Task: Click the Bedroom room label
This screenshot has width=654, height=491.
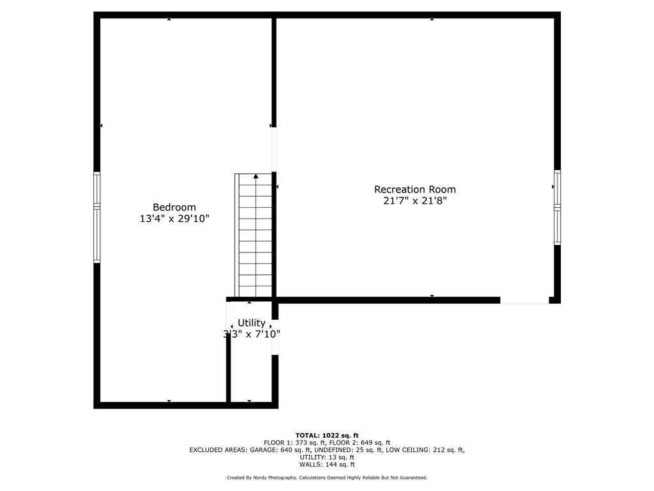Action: tap(174, 207)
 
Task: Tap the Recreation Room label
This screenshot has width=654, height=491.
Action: tap(415, 189)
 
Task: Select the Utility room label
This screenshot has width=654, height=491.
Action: tap(252, 323)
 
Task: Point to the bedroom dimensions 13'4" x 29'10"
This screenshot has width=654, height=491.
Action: tap(174, 219)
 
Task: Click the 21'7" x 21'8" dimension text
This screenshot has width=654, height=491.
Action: tap(415, 201)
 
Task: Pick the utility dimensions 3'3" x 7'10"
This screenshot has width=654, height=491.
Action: tap(252, 334)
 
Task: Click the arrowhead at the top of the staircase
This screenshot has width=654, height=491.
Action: tap(255, 176)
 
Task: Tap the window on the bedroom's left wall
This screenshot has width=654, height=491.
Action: tap(97, 217)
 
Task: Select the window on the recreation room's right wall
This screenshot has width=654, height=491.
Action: tap(557, 207)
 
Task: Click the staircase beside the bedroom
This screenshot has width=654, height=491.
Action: tap(253, 235)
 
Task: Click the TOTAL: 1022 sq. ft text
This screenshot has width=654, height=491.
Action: tap(327, 435)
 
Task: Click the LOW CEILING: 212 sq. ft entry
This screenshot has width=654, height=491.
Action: tap(425, 450)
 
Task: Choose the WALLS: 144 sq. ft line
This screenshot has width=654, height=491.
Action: tap(327, 464)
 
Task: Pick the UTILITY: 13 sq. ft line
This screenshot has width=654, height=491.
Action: tap(327, 457)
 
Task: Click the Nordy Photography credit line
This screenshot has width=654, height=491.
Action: tap(327, 478)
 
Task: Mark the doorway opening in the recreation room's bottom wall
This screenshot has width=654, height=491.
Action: tap(524, 300)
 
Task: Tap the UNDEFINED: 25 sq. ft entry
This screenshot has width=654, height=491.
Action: tap(348, 450)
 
